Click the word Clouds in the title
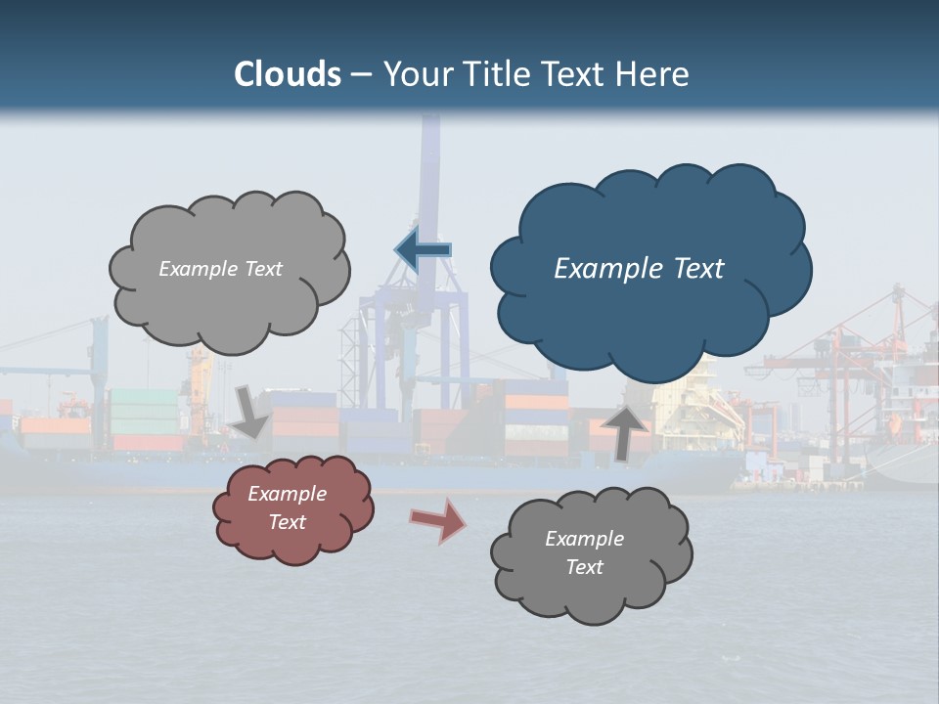288,73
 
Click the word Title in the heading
495,73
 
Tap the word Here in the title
651,73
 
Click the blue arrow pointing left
424,249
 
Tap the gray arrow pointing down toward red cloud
250,411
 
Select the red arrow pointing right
437,519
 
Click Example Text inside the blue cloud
639,269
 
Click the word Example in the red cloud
287,494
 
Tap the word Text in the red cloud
287,522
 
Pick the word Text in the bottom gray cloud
584,567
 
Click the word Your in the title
420,73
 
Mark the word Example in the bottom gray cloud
584,539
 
